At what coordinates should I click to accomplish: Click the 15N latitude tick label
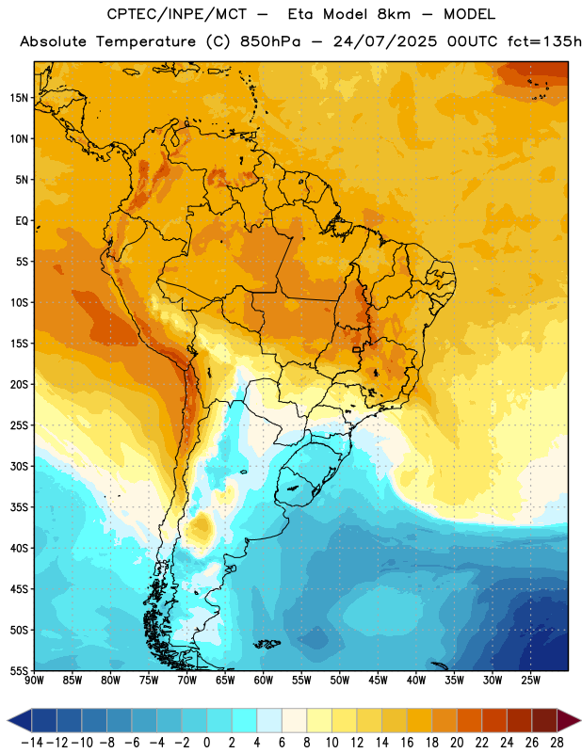click(19, 98)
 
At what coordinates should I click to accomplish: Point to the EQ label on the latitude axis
click(22, 221)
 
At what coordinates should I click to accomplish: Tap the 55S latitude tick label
click(19, 670)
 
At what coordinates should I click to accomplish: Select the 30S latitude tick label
click(19, 466)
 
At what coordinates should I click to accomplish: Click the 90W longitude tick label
click(35, 681)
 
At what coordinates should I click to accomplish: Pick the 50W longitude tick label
click(340, 681)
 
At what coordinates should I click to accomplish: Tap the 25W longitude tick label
click(530, 681)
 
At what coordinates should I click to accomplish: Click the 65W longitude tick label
click(225, 681)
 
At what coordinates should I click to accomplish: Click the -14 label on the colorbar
click(33, 743)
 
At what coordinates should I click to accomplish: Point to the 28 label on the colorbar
click(557, 743)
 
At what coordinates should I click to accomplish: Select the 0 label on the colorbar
click(207, 743)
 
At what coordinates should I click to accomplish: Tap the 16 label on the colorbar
click(407, 743)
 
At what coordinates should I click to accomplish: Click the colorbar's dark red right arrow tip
click(580, 720)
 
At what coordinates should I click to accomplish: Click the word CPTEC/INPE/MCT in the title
click(177, 14)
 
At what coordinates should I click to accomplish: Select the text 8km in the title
click(394, 14)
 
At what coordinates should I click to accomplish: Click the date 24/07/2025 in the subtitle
click(385, 41)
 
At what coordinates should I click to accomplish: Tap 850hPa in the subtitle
click(270, 41)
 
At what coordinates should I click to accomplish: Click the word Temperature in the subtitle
click(146, 42)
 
